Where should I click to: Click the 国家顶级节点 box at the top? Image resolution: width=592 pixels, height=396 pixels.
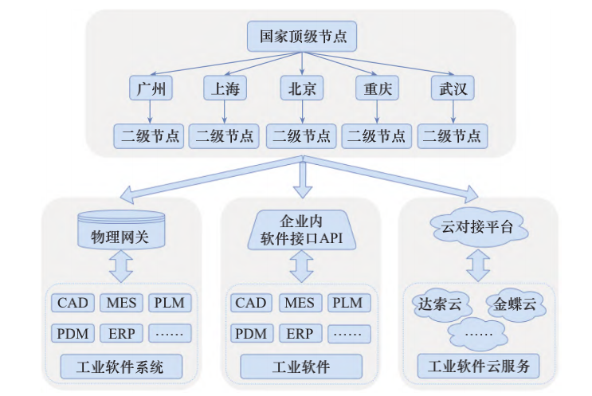[x=302, y=37]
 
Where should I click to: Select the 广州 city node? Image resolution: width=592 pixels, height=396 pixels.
[x=151, y=88]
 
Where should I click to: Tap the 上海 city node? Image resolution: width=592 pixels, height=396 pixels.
[x=225, y=88]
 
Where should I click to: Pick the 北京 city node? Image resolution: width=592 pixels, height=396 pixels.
[x=301, y=88]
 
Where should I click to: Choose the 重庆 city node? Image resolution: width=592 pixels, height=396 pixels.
[x=377, y=88]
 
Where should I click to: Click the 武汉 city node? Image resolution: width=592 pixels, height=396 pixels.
[x=453, y=88]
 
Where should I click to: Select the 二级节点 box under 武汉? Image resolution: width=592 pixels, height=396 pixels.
[x=453, y=135]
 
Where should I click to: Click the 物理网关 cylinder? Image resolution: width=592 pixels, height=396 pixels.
[x=120, y=232]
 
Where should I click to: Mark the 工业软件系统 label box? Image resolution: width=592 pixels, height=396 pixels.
[x=120, y=367]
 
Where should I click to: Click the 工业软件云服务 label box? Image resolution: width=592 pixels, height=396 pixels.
[x=477, y=367]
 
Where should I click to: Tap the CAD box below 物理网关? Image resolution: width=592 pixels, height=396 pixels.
[x=73, y=304]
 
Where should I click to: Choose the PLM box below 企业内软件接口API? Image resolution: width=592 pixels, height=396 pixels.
[x=347, y=304]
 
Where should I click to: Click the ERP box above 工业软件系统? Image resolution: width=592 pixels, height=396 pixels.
[x=121, y=333]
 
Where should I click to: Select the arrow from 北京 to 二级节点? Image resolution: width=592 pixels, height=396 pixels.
[x=301, y=112]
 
